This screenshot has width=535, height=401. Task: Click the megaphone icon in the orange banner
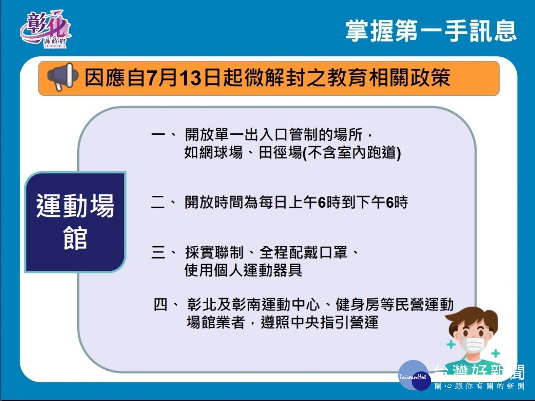63,77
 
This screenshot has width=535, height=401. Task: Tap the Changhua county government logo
45,29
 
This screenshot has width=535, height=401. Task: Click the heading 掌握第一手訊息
431,31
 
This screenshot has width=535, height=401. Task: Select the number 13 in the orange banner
190,78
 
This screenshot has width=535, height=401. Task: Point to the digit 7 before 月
152,78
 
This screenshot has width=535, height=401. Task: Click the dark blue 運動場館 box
75,222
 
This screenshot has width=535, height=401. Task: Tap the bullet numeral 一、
163,135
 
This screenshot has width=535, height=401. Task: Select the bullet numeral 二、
163,203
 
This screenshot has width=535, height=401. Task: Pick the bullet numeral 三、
163,252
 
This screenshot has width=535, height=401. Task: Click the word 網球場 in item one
221,153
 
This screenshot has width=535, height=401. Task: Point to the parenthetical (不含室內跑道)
352,153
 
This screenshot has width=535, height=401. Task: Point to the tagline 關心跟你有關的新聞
480,386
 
